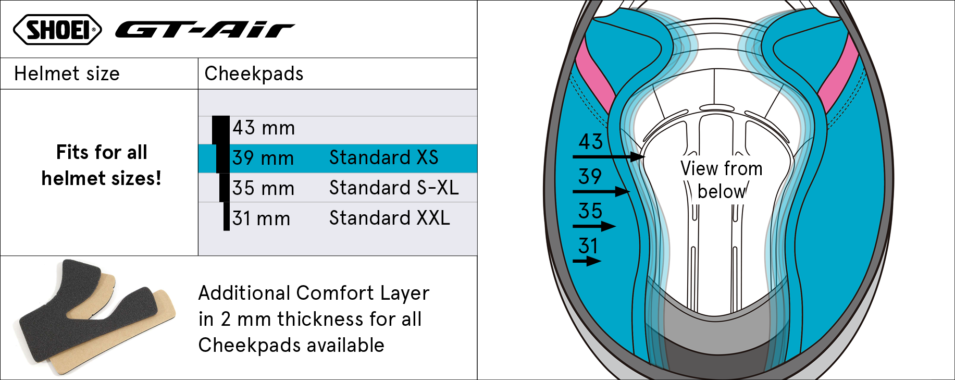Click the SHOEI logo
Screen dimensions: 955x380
point(57,29)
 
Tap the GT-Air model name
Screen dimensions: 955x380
point(205,30)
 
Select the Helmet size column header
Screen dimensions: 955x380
point(67,73)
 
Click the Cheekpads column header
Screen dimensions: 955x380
point(254,73)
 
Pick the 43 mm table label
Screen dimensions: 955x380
point(264,128)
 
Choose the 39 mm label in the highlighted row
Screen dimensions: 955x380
point(263,158)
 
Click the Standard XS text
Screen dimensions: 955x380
point(384,157)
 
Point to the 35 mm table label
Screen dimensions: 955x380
point(263,188)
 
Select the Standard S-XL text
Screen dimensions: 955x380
point(394,188)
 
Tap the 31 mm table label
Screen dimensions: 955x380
point(261,218)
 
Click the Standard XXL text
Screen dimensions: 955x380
point(390,218)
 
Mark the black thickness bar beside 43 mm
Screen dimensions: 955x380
point(221,130)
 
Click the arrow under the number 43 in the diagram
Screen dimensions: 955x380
point(609,156)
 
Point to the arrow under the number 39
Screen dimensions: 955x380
point(601,191)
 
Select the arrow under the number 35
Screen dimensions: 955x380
point(594,226)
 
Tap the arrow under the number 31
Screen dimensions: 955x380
point(587,261)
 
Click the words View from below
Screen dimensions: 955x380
point(722,180)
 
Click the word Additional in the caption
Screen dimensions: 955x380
point(244,293)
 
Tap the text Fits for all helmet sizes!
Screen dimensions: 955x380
point(102,165)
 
